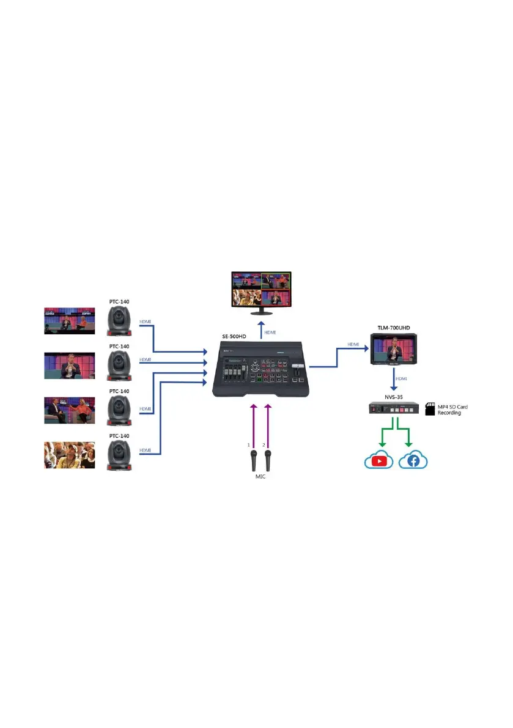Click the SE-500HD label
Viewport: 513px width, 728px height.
(x=235, y=337)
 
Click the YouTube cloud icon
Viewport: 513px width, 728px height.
(x=379, y=460)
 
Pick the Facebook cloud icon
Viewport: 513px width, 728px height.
(x=413, y=460)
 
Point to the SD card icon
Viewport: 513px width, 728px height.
(x=429, y=409)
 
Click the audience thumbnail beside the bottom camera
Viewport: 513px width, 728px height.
(x=69, y=455)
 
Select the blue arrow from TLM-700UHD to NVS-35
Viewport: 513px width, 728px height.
(x=393, y=378)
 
